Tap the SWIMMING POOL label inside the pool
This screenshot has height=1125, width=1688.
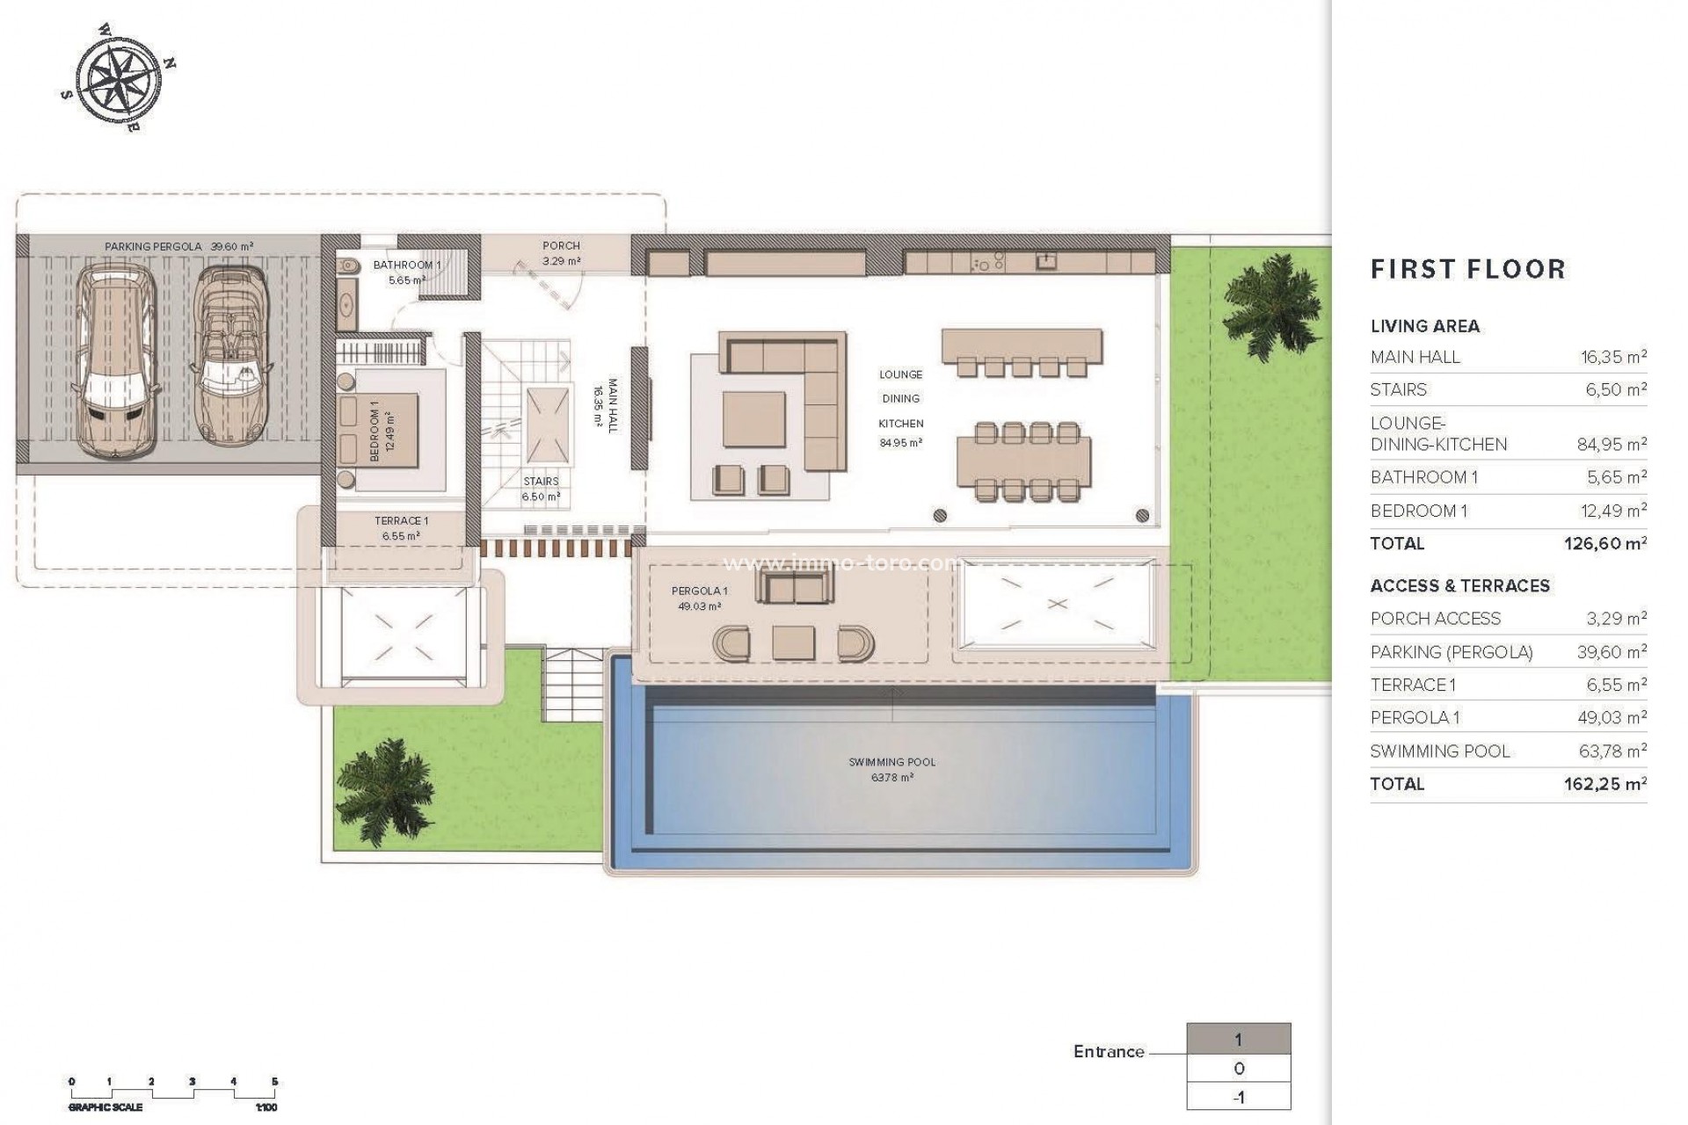891,763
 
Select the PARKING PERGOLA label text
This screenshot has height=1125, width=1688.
154,247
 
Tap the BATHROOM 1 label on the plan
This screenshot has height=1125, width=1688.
406,265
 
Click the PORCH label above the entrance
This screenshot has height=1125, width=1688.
561,246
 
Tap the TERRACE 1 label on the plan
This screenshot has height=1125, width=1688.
401,521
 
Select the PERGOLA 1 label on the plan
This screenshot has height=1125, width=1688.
699,592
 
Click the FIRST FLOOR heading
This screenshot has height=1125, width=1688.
1468,269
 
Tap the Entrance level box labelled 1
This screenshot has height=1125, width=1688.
1238,1041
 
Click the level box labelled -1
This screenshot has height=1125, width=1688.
1238,1097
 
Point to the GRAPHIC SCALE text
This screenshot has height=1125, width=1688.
105,1108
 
